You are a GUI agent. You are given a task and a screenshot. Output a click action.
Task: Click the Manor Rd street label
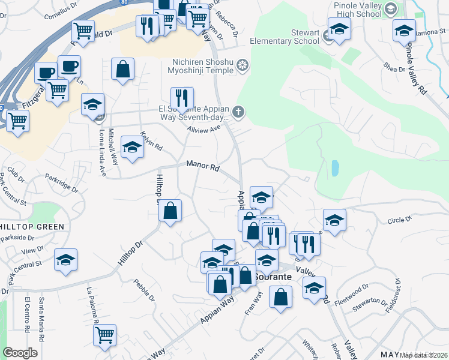pyautogui.click(x=202, y=165)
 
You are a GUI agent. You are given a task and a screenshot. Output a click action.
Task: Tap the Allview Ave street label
pyautogui.click(x=203, y=128)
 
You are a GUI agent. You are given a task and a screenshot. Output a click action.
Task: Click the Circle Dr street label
pyautogui.click(x=399, y=220)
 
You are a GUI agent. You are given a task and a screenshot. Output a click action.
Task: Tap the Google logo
pyautogui.click(x=20, y=353)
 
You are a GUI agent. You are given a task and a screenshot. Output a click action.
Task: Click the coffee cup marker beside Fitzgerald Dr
pyautogui.click(x=68, y=66)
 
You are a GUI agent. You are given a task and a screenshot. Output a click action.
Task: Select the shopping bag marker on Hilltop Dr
pyautogui.click(x=170, y=210)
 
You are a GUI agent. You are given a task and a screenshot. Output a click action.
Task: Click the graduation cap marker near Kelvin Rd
pyautogui.click(x=132, y=147)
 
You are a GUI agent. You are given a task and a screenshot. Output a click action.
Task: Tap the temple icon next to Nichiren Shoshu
pyautogui.click(x=243, y=65)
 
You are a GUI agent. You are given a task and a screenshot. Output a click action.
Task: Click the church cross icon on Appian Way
pyautogui.click(x=238, y=112)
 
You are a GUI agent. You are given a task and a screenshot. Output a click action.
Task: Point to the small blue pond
pyautogui.click(x=334, y=168)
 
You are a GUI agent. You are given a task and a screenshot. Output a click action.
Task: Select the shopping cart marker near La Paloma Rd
pyautogui.click(x=104, y=334)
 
